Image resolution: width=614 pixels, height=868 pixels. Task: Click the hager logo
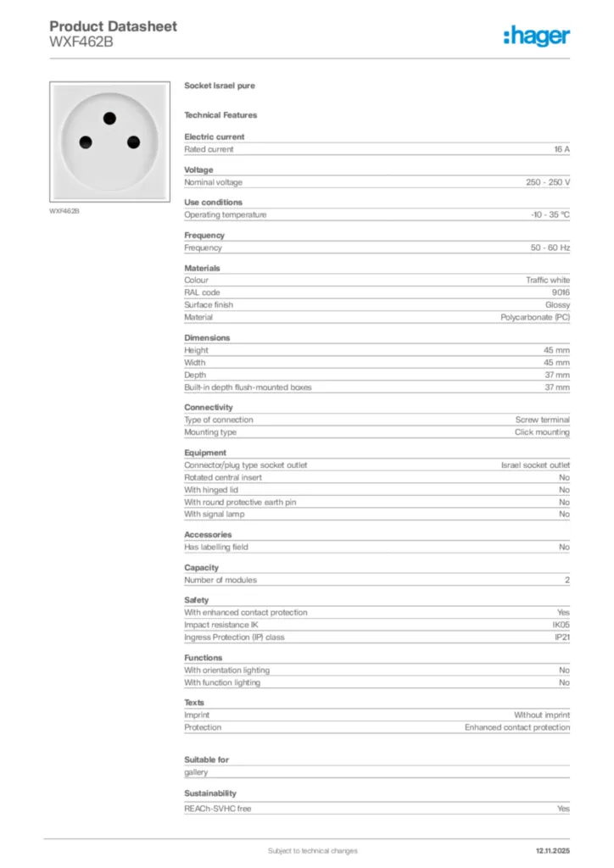click(x=536, y=35)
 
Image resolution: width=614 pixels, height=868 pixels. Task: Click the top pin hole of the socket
click(x=109, y=118)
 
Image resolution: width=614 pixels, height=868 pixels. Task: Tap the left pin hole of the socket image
click(x=86, y=141)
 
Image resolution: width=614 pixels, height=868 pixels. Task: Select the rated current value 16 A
click(x=561, y=149)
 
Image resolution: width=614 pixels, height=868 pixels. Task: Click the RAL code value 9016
click(x=561, y=292)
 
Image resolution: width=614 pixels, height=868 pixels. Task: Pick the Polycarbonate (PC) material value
click(x=535, y=317)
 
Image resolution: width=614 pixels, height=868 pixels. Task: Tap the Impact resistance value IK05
click(x=561, y=625)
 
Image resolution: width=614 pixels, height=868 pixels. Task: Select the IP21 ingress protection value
click(x=562, y=637)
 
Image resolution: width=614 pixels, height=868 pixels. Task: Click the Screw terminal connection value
click(x=543, y=420)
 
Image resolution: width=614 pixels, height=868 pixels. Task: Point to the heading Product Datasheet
click(x=114, y=26)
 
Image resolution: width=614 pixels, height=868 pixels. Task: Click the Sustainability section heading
click(x=210, y=793)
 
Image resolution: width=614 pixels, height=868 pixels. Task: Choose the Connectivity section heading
click(x=209, y=407)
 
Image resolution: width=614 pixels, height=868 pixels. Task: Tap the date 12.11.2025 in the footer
click(x=552, y=850)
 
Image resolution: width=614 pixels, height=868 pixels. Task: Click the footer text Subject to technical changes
click(x=312, y=850)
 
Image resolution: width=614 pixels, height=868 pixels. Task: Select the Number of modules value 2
click(x=567, y=580)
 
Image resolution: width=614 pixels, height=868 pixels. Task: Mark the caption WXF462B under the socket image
click(x=64, y=210)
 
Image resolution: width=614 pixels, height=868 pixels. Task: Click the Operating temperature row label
click(x=226, y=214)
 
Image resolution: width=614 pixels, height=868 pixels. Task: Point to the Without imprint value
click(x=542, y=715)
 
